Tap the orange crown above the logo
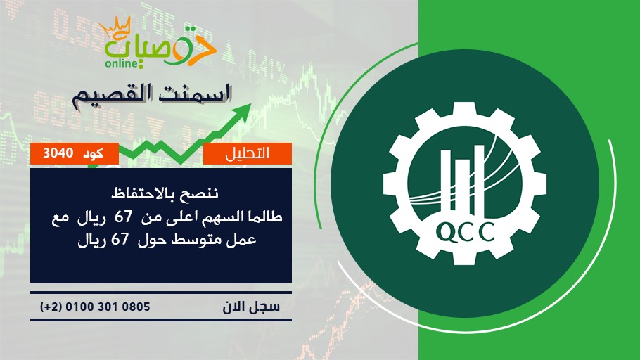(x=115, y=27)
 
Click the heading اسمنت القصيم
(x=152, y=95)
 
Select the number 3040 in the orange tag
(x=58, y=153)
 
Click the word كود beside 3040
(x=93, y=153)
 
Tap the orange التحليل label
(x=248, y=153)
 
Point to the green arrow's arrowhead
(x=243, y=111)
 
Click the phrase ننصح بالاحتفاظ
(x=165, y=193)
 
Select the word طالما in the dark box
(x=264, y=217)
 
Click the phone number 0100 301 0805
(x=108, y=307)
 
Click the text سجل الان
(x=251, y=307)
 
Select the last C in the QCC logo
(x=486, y=232)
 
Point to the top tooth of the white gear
(x=465, y=111)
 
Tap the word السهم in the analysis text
(x=223, y=217)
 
